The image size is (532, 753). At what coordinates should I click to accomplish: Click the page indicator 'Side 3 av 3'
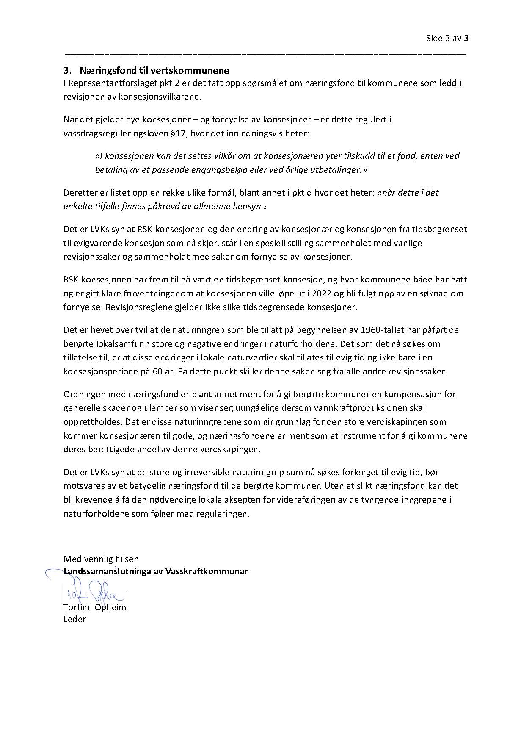(447, 38)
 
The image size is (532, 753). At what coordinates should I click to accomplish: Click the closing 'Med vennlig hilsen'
(101, 559)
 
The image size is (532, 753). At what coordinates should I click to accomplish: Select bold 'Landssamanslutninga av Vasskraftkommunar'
(156, 571)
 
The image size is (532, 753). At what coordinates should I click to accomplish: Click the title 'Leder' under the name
(74, 619)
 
